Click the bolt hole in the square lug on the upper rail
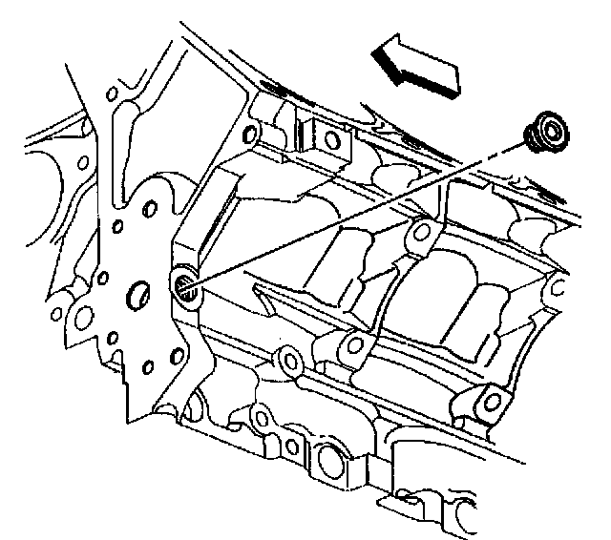(330, 141)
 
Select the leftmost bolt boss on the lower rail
(284, 361)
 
